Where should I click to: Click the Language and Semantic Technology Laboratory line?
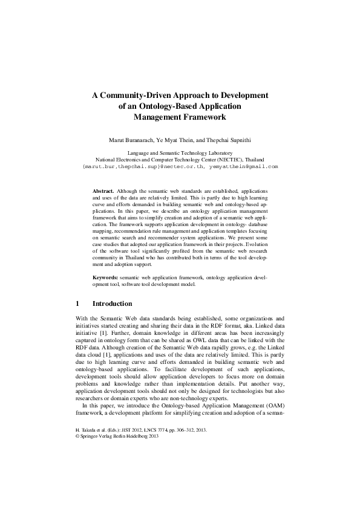point(180,153)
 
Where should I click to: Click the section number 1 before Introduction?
point(77,303)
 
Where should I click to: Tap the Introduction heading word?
point(112,303)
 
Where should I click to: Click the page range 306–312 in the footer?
point(182,430)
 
